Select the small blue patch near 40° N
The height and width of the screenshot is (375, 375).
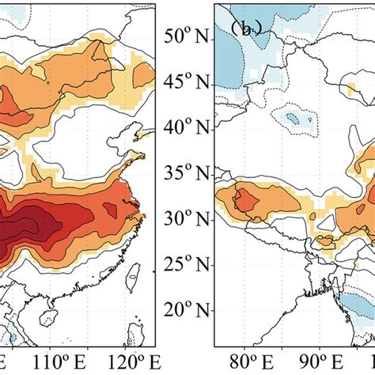tap(294, 119)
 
